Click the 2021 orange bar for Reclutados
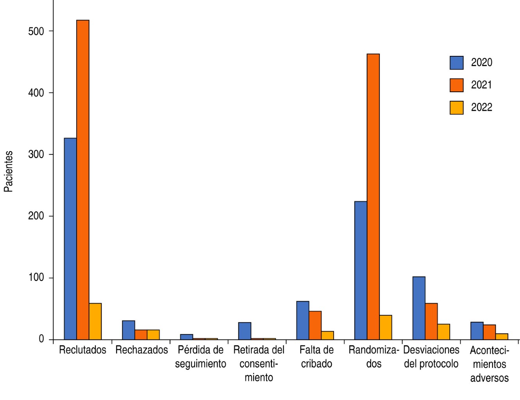click(x=83, y=180)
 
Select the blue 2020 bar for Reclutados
click(x=70, y=239)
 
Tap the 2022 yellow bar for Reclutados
click(x=95, y=321)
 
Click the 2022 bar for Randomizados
click(x=386, y=327)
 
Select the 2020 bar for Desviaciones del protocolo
click(x=419, y=308)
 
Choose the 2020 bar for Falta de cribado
click(x=303, y=320)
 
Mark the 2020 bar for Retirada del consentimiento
click(x=245, y=331)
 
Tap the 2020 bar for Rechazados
click(x=129, y=330)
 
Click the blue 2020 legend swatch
click(x=457, y=63)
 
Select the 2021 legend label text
click(x=481, y=85)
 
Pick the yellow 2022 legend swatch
click(x=457, y=107)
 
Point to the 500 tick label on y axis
click(x=36, y=31)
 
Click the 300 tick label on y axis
click(x=36, y=154)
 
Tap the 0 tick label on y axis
click(x=41, y=339)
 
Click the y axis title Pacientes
click(x=9, y=171)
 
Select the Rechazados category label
click(x=141, y=350)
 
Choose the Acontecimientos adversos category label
click(x=489, y=364)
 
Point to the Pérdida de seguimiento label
click(x=200, y=357)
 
